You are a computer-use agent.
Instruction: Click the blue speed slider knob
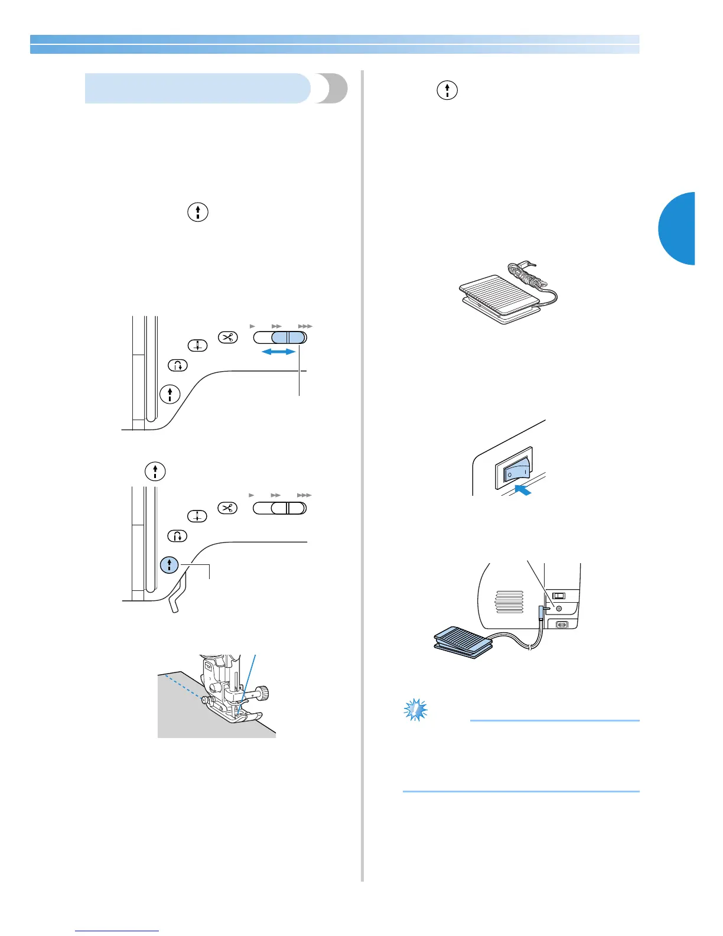(x=289, y=338)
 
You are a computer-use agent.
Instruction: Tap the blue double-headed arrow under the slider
(x=278, y=352)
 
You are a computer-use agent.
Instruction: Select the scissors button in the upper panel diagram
(x=227, y=337)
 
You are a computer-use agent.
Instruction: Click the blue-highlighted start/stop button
(x=170, y=565)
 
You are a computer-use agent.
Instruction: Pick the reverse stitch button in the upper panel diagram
(x=178, y=366)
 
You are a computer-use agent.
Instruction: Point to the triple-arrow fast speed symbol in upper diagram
(x=305, y=326)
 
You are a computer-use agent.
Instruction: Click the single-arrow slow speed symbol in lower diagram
(x=252, y=495)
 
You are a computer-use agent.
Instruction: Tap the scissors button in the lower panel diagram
(x=227, y=508)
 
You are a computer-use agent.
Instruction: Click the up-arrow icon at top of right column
(x=447, y=90)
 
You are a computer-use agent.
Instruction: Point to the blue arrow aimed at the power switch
(x=522, y=488)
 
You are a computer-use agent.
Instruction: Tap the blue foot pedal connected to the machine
(x=461, y=641)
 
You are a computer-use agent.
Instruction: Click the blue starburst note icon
(x=415, y=710)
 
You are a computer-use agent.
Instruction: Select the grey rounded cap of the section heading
(x=333, y=89)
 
